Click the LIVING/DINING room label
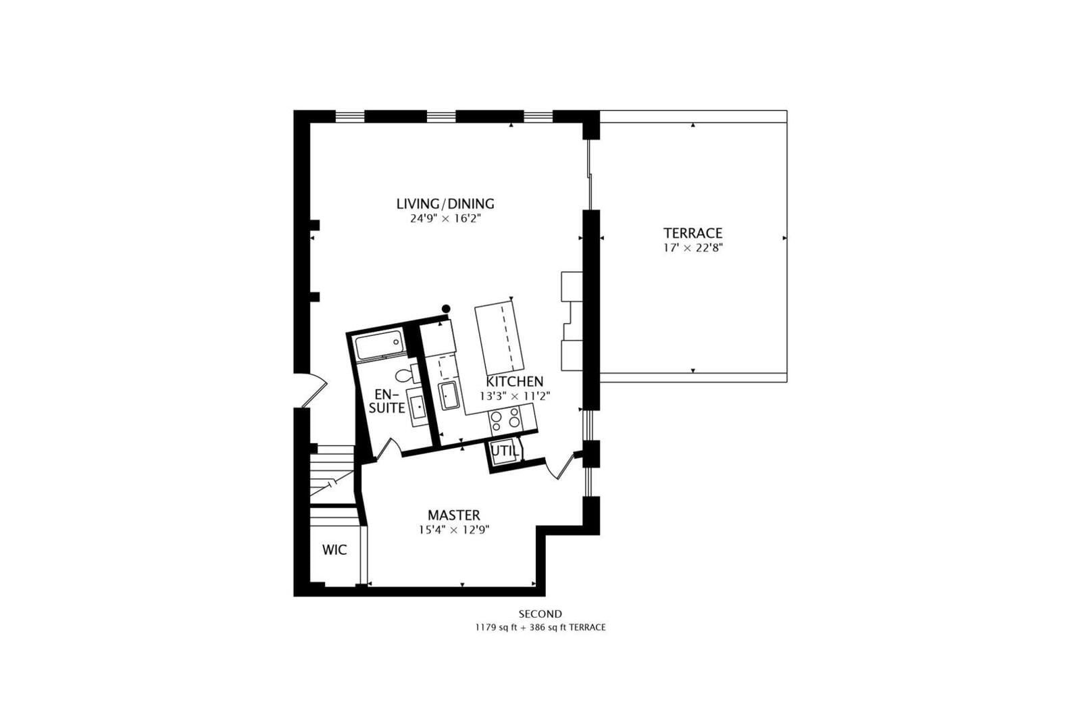pyautogui.click(x=445, y=203)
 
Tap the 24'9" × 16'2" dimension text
pyautogui.click(x=445, y=219)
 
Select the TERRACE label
pyautogui.click(x=693, y=233)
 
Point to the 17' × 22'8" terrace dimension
pyautogui.click(x=693, y=248)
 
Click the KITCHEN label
pyautogui.click(x=514, y=381)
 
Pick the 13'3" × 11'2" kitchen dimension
pyautogui.click(x=515, y=396)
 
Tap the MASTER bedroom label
pyautogui.click(x=453, y=515)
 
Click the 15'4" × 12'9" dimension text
pyautogui.click(x=453, y=530)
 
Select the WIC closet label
pyautogui.click(x=334, y=549)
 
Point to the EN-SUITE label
pyautogui.click(x=387, y=401)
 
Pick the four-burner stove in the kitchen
pyautogui.click(x=505, y=419)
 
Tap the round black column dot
pyautogui.click(x=446, y=309)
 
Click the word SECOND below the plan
pyautogui.click(x=540, y=614)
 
